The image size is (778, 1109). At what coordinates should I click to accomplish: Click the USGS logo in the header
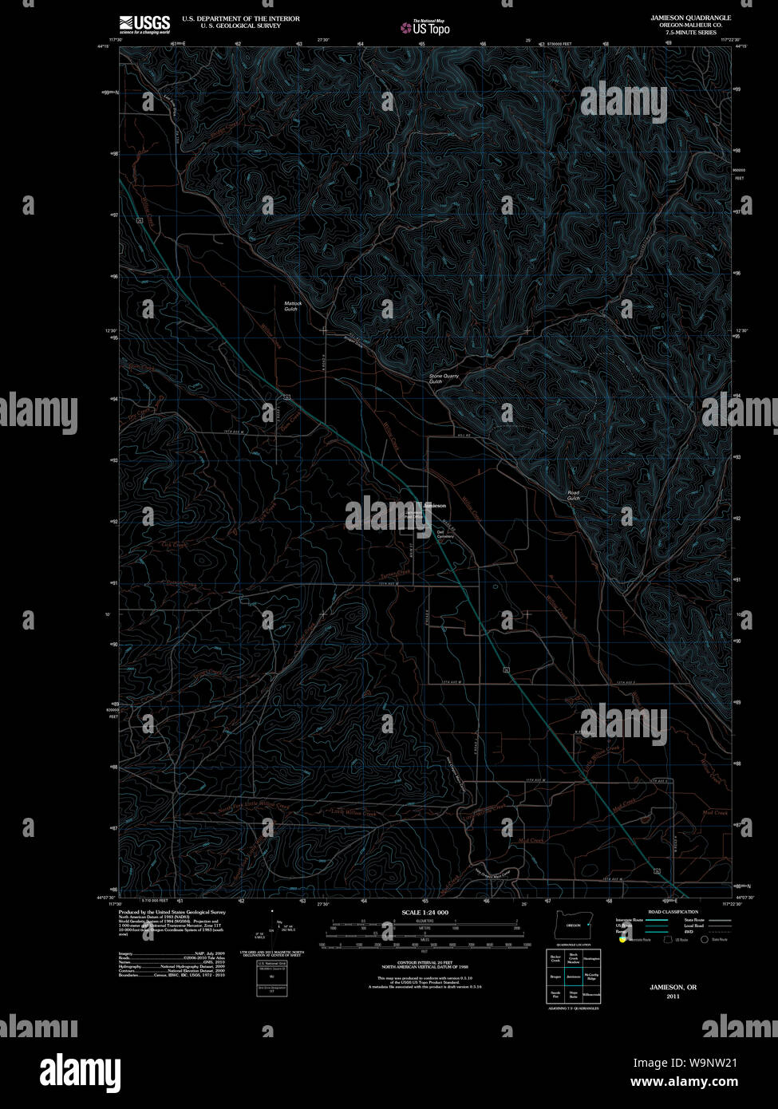pyautogui.click(x=144, y=24)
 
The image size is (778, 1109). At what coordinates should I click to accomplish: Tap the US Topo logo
pyautogui.click(x=426, y=28)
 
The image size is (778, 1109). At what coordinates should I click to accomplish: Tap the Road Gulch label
pyautogui.click(x=573, y=495)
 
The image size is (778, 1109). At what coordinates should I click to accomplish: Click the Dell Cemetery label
pyautogui.click(x=444, y=534)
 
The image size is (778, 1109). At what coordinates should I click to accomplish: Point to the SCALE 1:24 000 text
pyautogui.click(x=425, y=912)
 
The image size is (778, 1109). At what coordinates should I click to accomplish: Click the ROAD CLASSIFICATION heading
pyautogui.click(x=673, y=912)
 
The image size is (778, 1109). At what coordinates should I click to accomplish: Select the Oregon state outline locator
pyautogui.click(x=573, y=925)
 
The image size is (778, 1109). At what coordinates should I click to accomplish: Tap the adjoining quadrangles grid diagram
pyautogui.click(x=574, y=977)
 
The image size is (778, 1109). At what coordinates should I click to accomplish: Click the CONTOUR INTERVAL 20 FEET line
pyautogui.click(x=425, y=963)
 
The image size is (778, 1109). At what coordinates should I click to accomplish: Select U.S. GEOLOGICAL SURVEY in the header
pyautogui.click(x=230, y=25)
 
